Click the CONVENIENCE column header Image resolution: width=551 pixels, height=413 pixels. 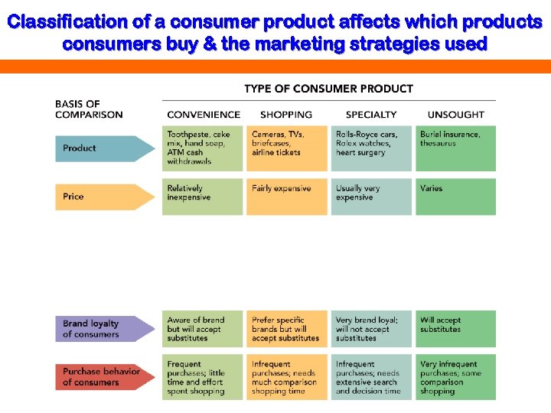pos(203,115)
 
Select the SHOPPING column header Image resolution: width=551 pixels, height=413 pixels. pos(286,115)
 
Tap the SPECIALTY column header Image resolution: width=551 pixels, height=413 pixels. pos(371,115)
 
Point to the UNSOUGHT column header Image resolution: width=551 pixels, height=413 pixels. pos(456,115)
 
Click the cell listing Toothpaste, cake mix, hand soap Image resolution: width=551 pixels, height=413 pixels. pos(203,148)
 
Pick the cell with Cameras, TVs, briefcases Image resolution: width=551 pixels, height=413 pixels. pos(287,148)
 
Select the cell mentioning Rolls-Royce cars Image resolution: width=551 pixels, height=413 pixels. pos(371,148)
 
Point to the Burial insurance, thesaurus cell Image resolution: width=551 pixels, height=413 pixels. pos(455,148)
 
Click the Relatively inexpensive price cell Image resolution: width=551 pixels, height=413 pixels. pos(203,197)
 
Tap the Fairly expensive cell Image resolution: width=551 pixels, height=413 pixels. pos(287,197)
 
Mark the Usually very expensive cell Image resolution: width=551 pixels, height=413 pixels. pos(371,197)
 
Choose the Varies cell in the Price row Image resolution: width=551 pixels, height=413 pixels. pos(455,197)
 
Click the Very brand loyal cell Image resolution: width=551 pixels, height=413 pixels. pos(371,329)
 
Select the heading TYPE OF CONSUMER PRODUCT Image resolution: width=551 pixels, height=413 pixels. pos(328,89)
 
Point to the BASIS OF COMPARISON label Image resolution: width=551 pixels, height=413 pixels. pos(88,109)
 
